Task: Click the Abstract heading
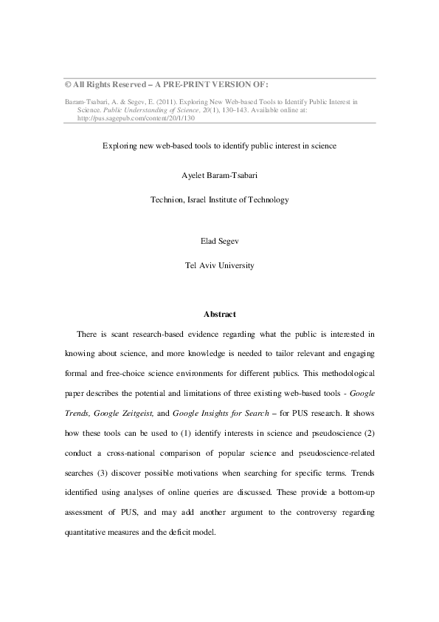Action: (219, 312)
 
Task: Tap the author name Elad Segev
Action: (219, 240)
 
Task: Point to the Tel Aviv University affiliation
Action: (219, 264)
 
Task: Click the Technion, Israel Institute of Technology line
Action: (219, 199)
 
